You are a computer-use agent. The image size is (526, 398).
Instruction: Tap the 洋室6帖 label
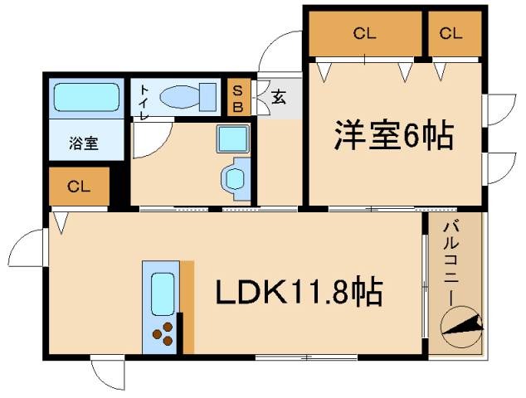(x=394, y=135)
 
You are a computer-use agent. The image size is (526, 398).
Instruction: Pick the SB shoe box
(x=237, y=98)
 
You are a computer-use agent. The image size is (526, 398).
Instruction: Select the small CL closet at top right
(x=451, y=34)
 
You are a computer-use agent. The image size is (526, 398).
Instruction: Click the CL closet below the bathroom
(x=79, y=187)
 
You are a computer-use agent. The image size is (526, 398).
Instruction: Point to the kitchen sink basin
(x=161, y=290)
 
